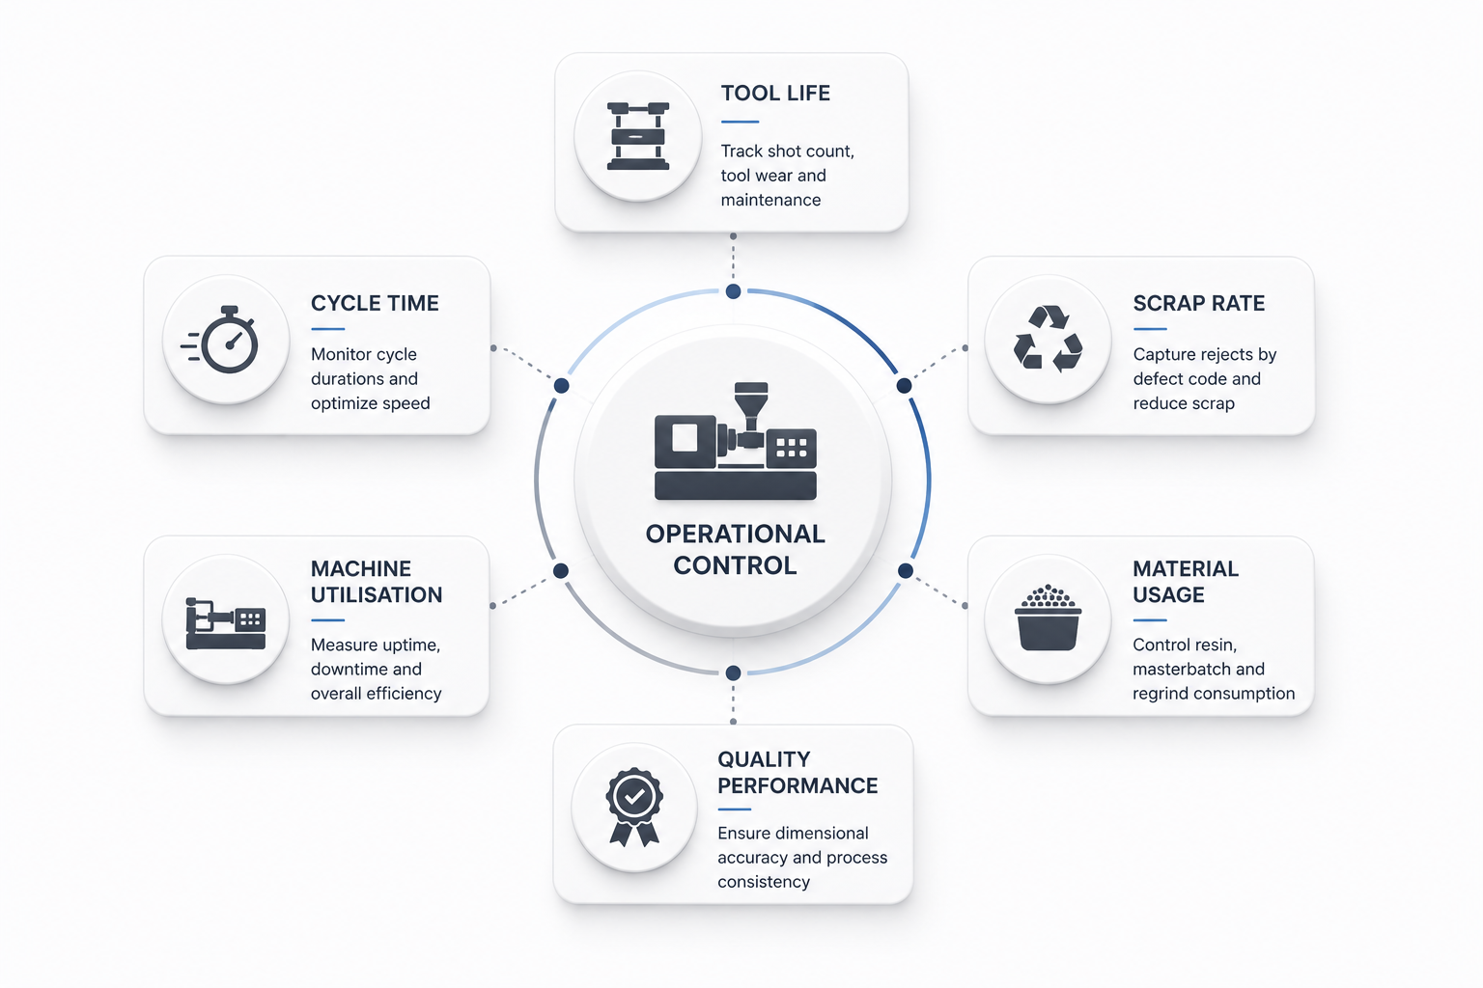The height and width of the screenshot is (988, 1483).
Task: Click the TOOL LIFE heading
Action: click(775, 94)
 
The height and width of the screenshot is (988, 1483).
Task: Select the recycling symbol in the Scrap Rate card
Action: click(1048, 338)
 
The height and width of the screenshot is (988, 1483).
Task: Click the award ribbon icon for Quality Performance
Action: click(634, 807)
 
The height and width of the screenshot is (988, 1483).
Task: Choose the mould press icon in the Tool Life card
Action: click(638, 136)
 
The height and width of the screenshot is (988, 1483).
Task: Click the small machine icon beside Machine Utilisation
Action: click(226, 623)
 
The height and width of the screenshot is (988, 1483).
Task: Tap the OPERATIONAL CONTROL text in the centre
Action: click(735, 549)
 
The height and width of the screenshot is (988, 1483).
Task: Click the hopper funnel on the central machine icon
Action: click(751, 405)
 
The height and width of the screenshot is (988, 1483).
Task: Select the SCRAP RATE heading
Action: click(1199, 303)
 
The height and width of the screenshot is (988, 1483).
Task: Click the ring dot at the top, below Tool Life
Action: click(733, 291)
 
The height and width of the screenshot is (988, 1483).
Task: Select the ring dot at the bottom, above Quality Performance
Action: click(733, 673)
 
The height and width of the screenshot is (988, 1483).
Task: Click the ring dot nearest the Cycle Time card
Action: click(561, 386)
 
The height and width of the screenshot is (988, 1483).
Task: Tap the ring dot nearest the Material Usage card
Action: click(905, 570)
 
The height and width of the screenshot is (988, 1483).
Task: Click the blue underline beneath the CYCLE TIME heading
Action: click(327, 329)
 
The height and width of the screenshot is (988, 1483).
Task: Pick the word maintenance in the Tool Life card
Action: click(770, 200)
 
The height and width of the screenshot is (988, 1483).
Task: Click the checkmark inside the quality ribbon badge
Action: click(634, 796)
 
